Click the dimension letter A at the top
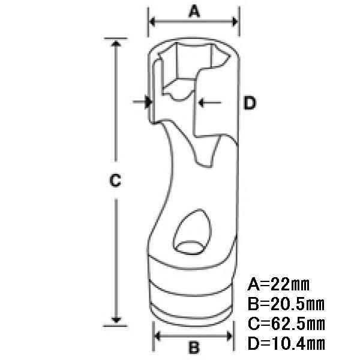coord(194,11)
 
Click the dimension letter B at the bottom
coord(194,347)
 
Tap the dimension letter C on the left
coord(115,180)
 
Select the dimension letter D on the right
coord(250,103)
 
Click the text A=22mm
coord(278,284)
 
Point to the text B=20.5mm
coord(286,304)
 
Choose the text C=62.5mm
coord(286,324)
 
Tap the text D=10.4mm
coord(286,343)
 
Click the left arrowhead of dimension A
coord(152,22)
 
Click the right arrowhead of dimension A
coord(235,22)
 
